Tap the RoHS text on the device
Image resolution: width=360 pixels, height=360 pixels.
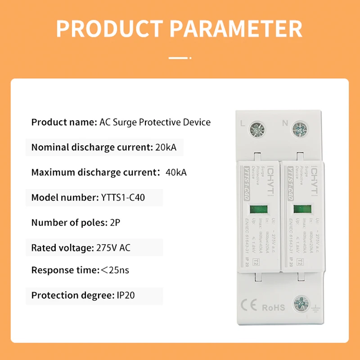(274, 308)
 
